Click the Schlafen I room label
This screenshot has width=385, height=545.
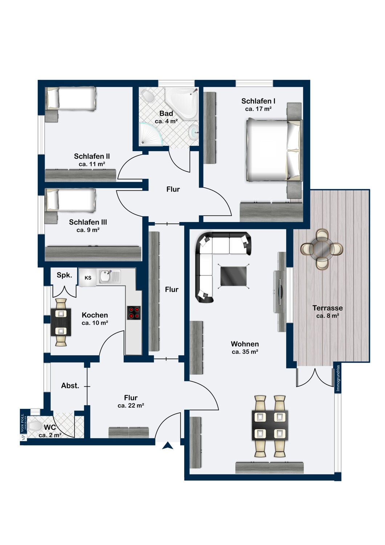[258, 101]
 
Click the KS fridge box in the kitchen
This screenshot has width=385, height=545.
[88, 278]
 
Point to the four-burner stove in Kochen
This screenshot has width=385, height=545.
[134, 312]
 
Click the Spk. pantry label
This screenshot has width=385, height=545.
[64, 275]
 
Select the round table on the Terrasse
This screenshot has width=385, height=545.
[321, 249]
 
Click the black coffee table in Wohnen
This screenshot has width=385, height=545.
[234, 276]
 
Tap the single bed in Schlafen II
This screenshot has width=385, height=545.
[72, 99]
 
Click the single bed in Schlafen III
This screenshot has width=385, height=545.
[72, 200]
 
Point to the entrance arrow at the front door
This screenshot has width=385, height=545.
[167, 445]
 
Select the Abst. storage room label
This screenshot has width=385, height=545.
[70, 385]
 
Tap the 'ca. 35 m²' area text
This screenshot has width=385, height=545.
[245, 352]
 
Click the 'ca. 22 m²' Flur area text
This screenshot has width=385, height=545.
[131, 405]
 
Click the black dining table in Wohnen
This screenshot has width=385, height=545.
[270, 425]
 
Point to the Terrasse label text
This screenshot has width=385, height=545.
[328, 308]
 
